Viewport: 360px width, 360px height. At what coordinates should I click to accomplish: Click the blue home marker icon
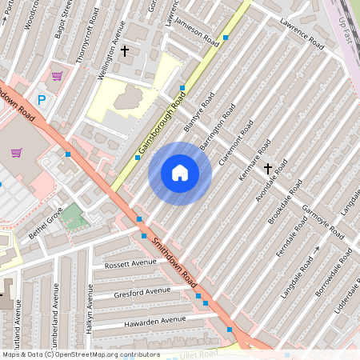point(180,173)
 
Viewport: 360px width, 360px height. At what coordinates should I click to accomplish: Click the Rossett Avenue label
point(130,262)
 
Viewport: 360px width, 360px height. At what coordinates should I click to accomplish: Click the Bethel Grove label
point(46,222)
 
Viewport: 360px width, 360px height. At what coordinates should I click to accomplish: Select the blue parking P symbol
point(42,100)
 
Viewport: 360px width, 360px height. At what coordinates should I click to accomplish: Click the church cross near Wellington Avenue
point(125,51)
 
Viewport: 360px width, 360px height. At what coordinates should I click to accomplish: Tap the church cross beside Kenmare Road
point(267,168)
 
